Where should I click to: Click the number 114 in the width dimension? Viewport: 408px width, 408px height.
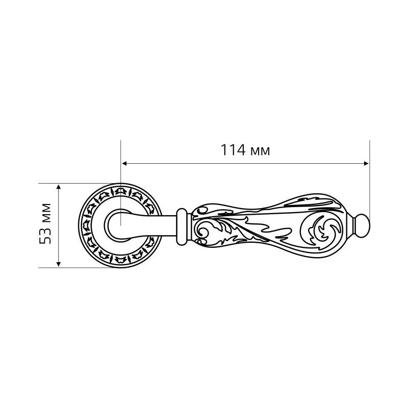[233, 150]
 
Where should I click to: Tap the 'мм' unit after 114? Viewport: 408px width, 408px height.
[260, 151]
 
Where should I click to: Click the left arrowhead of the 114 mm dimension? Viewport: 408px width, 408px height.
[124, 163]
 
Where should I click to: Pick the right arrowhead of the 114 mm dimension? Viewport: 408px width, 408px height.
[366, 163]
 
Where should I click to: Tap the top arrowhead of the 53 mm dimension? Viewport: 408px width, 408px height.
[59, 187]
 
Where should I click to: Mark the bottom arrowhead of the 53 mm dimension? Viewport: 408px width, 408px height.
[59, 264]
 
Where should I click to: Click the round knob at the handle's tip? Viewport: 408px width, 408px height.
[362, 226]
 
